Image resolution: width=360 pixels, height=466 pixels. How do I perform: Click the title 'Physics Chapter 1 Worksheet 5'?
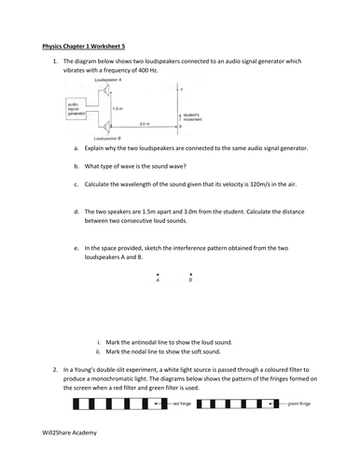click(x=89, y=43)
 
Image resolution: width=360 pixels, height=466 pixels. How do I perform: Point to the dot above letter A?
click(x=158, y=273)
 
